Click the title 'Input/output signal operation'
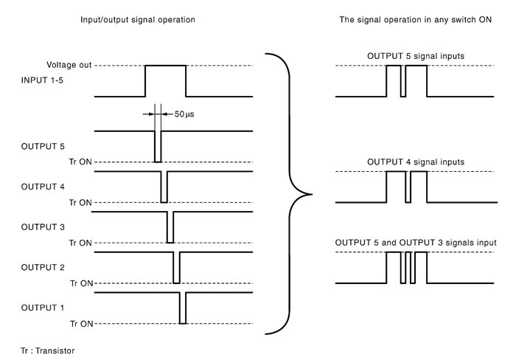138,20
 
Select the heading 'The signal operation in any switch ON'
416,20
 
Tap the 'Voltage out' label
69,65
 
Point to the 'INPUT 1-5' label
42,80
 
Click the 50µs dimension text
184,114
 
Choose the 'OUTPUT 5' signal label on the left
43,146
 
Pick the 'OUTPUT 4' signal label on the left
43,187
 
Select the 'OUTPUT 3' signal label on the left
43,227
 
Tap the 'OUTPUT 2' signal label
43,267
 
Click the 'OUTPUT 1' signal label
42,308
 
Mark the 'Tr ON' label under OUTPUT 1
82,324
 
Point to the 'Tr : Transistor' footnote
47,350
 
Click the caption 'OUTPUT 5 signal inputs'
416,56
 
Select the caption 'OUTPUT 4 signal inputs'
416,162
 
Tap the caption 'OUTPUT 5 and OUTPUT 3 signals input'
416,243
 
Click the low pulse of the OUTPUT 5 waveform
158,147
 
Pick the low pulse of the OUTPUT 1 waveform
183,308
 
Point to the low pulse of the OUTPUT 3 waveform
170,227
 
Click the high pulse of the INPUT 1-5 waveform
165,66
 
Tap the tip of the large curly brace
311,194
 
